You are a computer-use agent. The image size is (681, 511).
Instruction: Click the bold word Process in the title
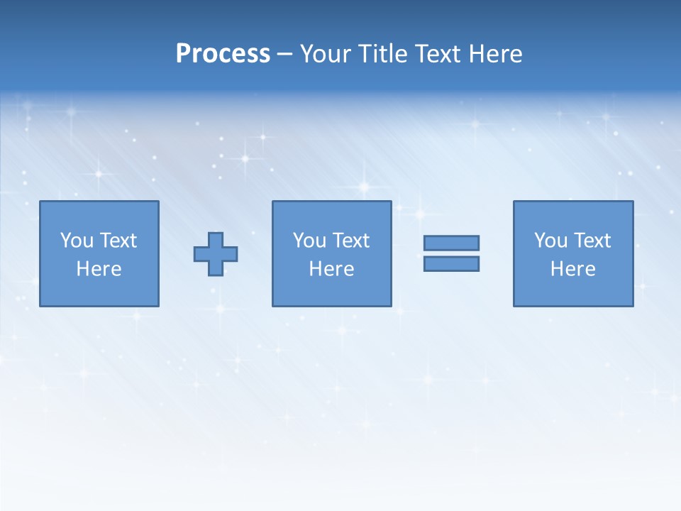223,54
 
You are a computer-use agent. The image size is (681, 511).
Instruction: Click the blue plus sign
216,254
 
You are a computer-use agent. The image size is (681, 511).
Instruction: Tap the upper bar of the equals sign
451,243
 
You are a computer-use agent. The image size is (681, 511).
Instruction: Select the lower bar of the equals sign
451,264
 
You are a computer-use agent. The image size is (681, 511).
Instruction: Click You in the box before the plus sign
77,241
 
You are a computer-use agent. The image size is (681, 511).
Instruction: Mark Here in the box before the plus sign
99,269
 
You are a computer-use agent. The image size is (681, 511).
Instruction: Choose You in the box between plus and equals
309,241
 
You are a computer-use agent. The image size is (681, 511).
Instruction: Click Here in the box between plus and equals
331,269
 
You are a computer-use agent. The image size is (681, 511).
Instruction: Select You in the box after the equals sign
550,241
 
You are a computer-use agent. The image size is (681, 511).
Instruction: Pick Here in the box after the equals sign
572,269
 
